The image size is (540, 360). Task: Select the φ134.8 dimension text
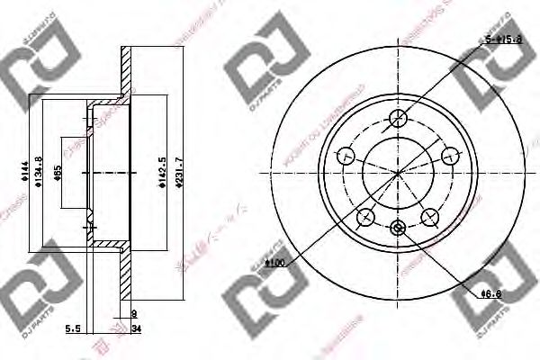click(x=38, y=169)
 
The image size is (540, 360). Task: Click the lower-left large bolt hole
click(x=365, y=216)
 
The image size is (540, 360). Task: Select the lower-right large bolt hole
click(x=429, y=216)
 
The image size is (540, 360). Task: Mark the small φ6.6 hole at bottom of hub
click(x=398, y=229)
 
